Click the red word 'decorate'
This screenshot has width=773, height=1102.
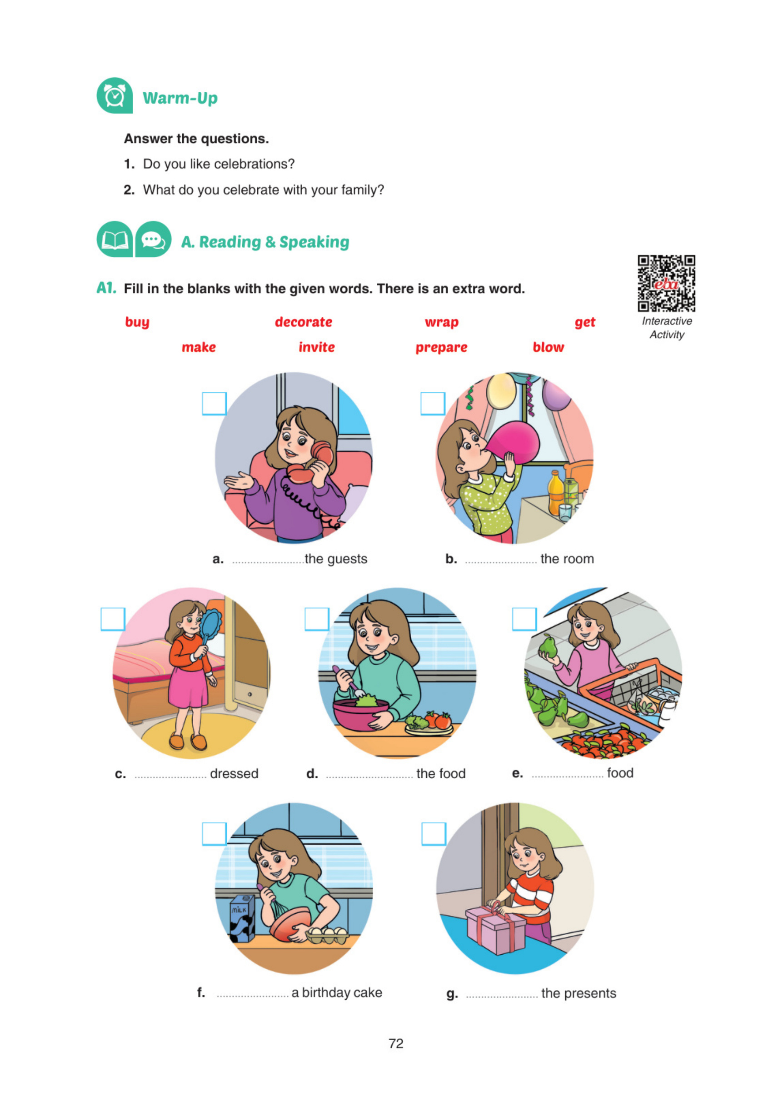303,321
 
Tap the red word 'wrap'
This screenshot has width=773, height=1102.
441,322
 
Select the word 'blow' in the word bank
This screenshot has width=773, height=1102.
549,347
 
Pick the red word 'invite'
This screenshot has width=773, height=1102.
317,347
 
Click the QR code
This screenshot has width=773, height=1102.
666,284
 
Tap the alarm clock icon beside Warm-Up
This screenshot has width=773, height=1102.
115,95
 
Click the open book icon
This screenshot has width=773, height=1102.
115,239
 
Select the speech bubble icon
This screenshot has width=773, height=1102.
153,239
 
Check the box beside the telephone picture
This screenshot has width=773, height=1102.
214,403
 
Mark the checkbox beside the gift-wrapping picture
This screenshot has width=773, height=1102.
433,834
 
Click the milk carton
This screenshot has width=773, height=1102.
242,918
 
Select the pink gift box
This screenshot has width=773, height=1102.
495,929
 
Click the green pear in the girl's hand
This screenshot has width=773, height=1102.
548,646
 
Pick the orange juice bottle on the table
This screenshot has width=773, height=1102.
556,493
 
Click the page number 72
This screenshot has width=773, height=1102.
396,1043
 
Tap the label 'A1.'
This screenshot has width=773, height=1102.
106,288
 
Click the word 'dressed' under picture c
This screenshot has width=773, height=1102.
234,774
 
